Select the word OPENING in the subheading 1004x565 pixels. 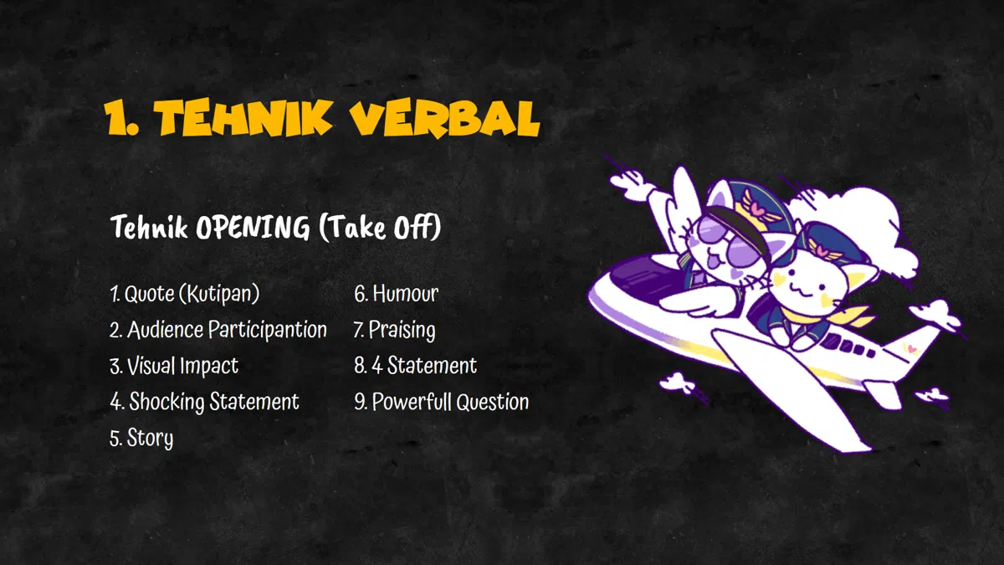click(x=253, y=227)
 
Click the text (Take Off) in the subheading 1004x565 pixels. click(x=380, y=227)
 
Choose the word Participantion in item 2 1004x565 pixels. click(x=268, y=330)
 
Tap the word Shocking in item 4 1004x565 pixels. click(x=166, y=402)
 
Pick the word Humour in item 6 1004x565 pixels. click(x=406, y=294)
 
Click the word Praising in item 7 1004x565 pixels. click(x=402, y=331)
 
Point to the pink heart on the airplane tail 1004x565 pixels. click(x=910, y=347)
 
